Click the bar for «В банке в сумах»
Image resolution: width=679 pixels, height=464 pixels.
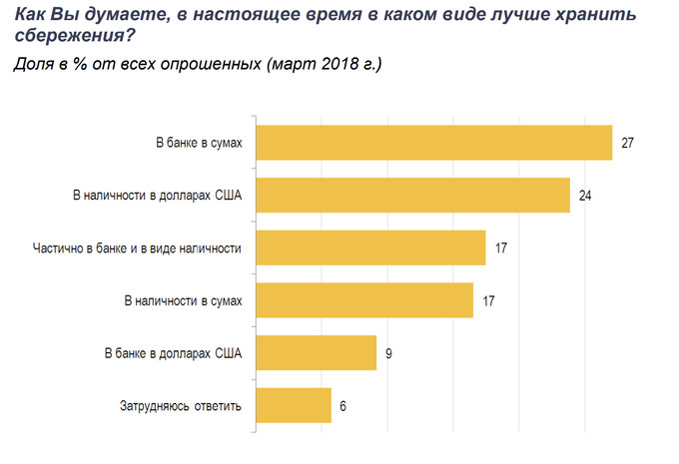click(x=434, y=143)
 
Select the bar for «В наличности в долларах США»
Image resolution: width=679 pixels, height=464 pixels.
click(x=413, y=195)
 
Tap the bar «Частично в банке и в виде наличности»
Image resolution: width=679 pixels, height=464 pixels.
click(x=371, y=246)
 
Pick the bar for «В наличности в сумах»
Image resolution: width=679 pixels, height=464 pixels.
click(x=364, y=299)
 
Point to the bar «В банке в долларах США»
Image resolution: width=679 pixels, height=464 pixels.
click(x=317, y=352)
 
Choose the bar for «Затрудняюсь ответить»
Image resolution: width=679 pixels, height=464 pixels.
click(x=295, y=405)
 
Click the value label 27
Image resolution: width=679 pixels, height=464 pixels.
click(x=628, y=143)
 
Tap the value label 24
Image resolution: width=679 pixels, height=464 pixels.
click(x=586, y=195)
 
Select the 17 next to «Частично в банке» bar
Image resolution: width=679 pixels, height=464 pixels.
click(x=502, y=246)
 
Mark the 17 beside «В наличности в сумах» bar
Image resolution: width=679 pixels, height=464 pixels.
click(x=489, y=299)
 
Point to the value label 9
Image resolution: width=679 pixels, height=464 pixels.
click(x=387, y=352)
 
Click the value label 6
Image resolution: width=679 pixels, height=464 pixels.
click(x=342, y=405)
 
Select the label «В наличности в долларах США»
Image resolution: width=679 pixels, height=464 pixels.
click(x=158, y=195)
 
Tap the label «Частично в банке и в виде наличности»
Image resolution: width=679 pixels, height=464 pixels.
click(x=132, y=246)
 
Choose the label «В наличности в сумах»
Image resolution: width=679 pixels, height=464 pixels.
click(x=183, y=299)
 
